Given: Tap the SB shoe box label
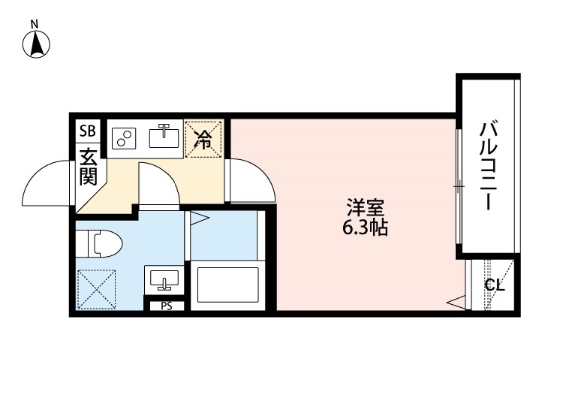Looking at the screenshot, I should point(87,131).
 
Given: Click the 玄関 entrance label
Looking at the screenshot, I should point(89,167).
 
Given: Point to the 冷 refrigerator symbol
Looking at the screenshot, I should point(204,138).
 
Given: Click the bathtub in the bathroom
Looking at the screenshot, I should point(227,285).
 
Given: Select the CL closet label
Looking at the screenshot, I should point(494,285).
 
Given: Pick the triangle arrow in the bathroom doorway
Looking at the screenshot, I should point(198,219).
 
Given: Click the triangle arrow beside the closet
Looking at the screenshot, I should point(456,303).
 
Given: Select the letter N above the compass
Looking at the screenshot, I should point(35,24).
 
